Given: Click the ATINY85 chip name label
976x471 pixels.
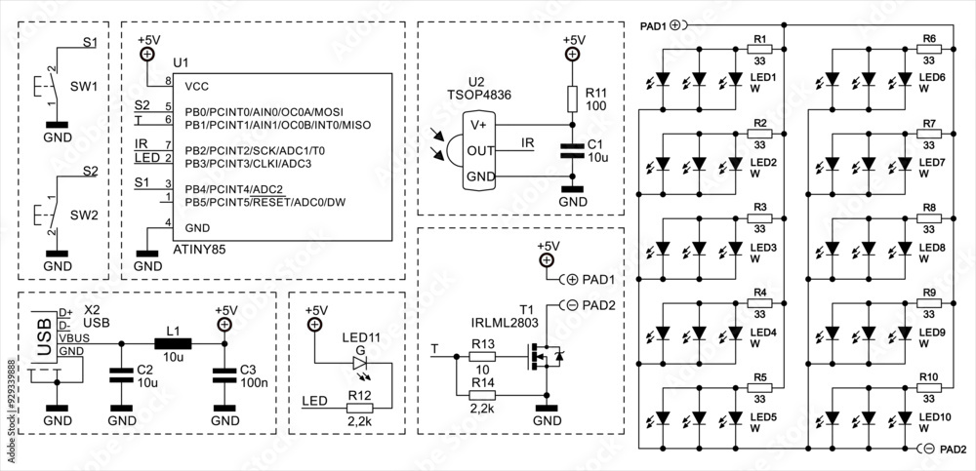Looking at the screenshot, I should pyautogui.click(x=199, y=251).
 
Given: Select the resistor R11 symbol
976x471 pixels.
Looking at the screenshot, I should pyautogui.click(x=573, y=98).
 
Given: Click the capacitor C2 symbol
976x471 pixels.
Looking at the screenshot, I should pyautogui.click(x=121, y=375).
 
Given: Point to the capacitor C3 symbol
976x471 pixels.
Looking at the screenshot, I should pyautogui.click(x=224, y=375).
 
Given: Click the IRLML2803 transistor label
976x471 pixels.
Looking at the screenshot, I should pyautogui.click(x=491, y=321).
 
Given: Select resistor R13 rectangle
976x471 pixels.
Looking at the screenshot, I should pyautogui.click(x=482, y=358).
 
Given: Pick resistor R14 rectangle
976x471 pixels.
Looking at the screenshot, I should pyautogui.click(x=482, y=395).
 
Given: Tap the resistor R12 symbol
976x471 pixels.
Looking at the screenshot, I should pyautogui.click(x=362, y=408).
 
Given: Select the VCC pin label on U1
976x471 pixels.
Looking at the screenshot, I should pyautogui.click(x=196, y=85).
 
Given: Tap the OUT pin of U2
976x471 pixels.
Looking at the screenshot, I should pyautogui.click(x=479, y=150).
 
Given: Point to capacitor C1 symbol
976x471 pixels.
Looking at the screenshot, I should pyautogui.click(x=573, y=149).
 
